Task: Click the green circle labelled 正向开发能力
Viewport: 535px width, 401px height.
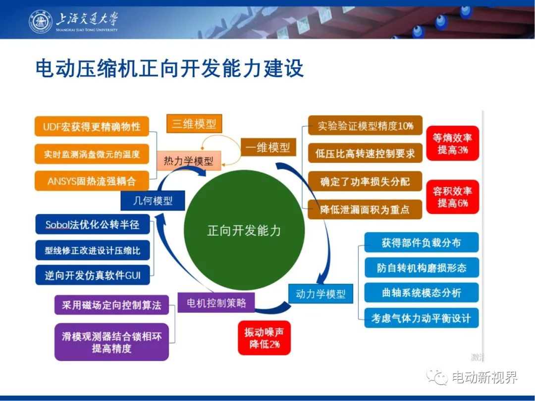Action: coord(244,231)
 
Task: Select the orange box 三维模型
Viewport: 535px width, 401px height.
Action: coord(194,123)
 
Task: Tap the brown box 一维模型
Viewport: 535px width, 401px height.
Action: coord(268,148)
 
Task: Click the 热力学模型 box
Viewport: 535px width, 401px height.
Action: coord(189,160)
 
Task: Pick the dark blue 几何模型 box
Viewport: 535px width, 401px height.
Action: coord(153,200)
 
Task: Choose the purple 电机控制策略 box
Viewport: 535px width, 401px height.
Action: coord(216,302)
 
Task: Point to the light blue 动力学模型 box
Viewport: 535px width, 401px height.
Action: coord(321,294)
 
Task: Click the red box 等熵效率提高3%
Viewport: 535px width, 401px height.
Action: coord(453,144)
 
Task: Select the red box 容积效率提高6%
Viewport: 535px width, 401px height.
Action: coord(453,197)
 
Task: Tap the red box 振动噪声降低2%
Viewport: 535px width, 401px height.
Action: coord(264,338)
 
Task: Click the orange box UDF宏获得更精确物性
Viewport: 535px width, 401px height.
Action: coord(92,127)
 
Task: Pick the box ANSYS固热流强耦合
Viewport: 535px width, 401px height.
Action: coord(92,181)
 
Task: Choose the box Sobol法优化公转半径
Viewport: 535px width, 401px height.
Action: coord(93,224)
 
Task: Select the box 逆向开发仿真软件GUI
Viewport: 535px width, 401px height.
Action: coord(93,275)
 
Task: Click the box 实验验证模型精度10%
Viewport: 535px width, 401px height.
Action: coord(365,126)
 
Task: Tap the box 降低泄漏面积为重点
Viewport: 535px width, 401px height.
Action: coord(365,209)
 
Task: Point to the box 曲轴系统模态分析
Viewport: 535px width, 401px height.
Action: coord(422,293)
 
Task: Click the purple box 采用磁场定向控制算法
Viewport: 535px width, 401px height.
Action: coord(111,305)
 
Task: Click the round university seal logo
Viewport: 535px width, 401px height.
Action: coord(41,21)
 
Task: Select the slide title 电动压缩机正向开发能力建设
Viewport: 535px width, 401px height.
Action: coord(169,68)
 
